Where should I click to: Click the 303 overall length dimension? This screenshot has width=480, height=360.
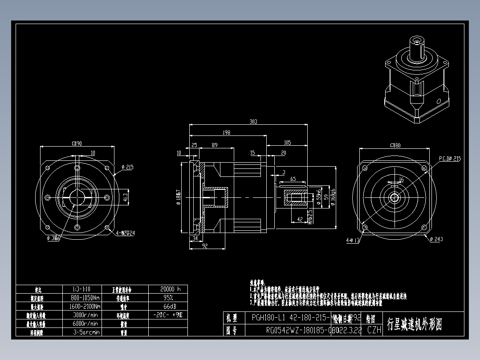pos(253,121)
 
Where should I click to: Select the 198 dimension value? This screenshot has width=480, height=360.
pos(227,132)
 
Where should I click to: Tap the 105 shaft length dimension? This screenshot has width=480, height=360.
pos(287,143)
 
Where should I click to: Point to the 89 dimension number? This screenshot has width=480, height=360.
pos(215,145)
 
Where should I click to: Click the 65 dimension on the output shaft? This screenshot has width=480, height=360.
pos(293,179)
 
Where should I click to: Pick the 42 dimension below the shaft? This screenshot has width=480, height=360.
pos(300,219)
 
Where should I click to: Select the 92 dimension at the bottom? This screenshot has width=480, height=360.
pos(205,245)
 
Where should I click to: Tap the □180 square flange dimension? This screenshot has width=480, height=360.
pos(395,145)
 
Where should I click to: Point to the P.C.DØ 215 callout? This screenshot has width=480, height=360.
pos(450,158)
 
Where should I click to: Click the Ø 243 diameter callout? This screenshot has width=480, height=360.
pos(436,240)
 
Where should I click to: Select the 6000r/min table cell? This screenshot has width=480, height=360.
pos(85,323)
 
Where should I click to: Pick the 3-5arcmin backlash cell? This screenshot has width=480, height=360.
pos(85,332)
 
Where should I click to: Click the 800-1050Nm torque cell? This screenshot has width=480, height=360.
pos(85,298)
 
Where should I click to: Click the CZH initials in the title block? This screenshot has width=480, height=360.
pos(374,330)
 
